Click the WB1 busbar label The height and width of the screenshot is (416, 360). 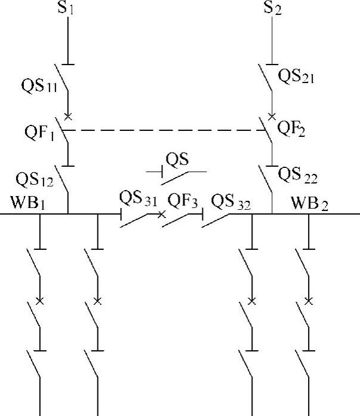tap(28, 202)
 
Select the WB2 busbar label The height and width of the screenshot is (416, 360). tap(310, 203)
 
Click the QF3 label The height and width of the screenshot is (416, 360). tap(182, 200)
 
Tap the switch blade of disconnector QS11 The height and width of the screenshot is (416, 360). tap(62, 78)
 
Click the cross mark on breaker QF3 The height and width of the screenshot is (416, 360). tap(161, 213)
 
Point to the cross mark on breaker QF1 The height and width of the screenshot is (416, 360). tap(68, 116)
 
